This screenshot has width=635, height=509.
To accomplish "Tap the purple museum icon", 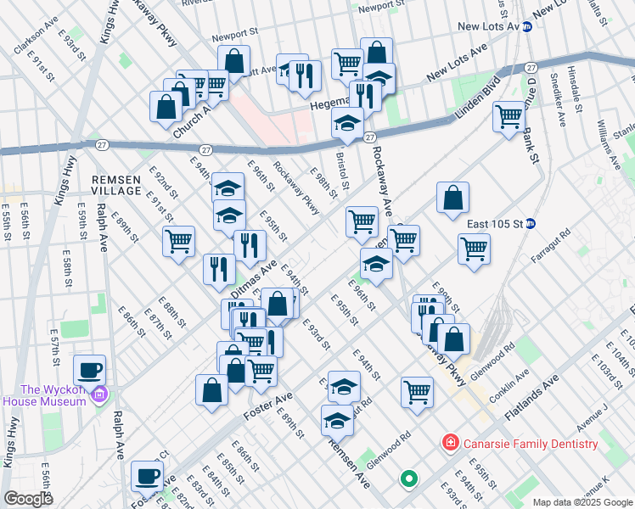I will [x=100, y=394].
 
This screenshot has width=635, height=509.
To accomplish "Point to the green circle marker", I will [x=408, y=479].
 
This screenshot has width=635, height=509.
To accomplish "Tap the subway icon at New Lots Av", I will [x=527, y=26].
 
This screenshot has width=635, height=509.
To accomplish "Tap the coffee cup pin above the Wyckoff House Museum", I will [x=89, y=370].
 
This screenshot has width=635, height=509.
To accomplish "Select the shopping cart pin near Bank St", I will [x=509, y=115].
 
